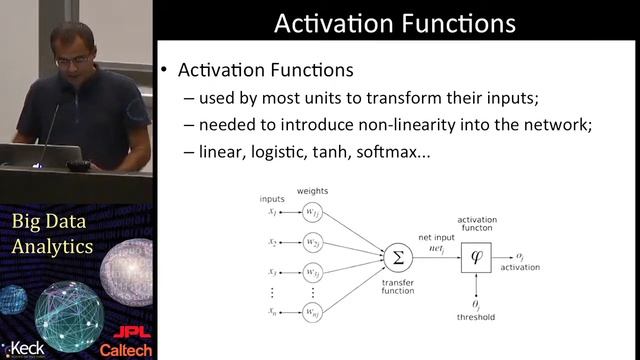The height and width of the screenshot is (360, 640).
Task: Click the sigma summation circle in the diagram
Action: (x=398, y=257)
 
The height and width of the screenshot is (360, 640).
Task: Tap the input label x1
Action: (x=272, y=212)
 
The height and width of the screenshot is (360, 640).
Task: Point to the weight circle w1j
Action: (x=313, y=212)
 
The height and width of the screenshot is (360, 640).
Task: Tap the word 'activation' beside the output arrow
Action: (x=519, y=268)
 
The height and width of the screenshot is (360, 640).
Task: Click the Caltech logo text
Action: (x=127, y=349)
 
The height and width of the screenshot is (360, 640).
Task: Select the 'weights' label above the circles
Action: (x=313, y=190)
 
